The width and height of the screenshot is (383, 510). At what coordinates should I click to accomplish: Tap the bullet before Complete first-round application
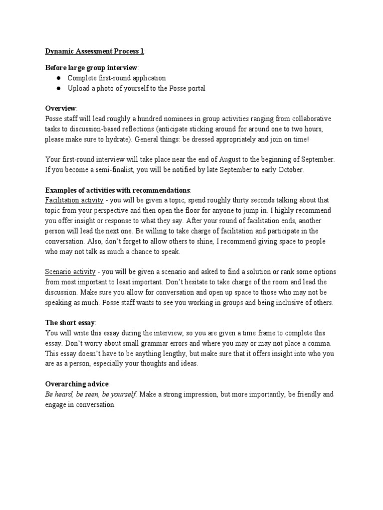click(x=58, y=78)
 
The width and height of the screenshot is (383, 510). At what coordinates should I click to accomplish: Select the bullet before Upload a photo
click(x=58, y=88)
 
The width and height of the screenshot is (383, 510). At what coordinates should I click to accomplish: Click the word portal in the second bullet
click(x=195, y=88)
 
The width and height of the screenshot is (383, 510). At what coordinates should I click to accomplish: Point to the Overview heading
click(x=61, y=108)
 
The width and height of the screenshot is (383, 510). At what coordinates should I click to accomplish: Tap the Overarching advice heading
click(x=77, y=383)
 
